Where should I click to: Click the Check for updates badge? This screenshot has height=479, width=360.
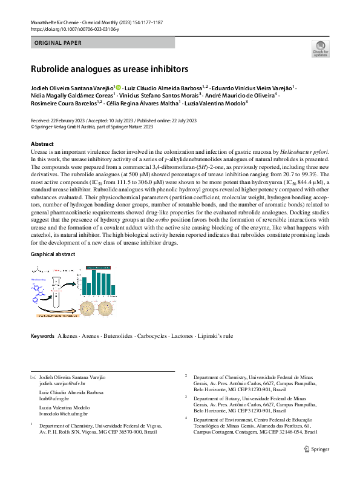tap(319, 49)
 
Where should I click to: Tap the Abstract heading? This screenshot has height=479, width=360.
tap(42, 144)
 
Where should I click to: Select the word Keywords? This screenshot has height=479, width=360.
tap(43, 335)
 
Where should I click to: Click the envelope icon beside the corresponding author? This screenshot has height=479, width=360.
tap(33, 377)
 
